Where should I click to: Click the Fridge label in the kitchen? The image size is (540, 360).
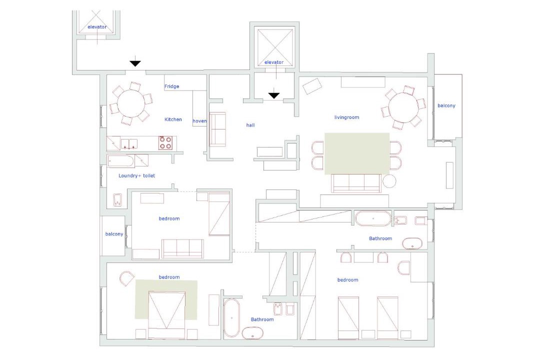171,86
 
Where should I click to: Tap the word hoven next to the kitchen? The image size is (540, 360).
199,121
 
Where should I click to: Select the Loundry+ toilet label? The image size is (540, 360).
136,175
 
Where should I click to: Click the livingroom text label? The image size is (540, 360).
346,117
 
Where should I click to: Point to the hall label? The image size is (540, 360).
250,125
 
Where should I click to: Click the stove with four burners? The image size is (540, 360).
165,143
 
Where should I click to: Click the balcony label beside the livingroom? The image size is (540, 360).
446,106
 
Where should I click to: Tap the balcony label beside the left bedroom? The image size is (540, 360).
114,234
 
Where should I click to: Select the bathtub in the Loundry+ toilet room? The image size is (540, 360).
120,161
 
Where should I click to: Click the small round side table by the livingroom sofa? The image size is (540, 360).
389,181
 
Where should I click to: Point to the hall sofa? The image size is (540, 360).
217,129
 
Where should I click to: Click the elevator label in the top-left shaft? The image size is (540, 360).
97,27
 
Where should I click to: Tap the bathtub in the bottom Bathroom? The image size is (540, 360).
232,317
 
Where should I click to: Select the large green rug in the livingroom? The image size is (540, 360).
357,153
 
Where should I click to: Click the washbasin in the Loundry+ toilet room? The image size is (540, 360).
118,200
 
